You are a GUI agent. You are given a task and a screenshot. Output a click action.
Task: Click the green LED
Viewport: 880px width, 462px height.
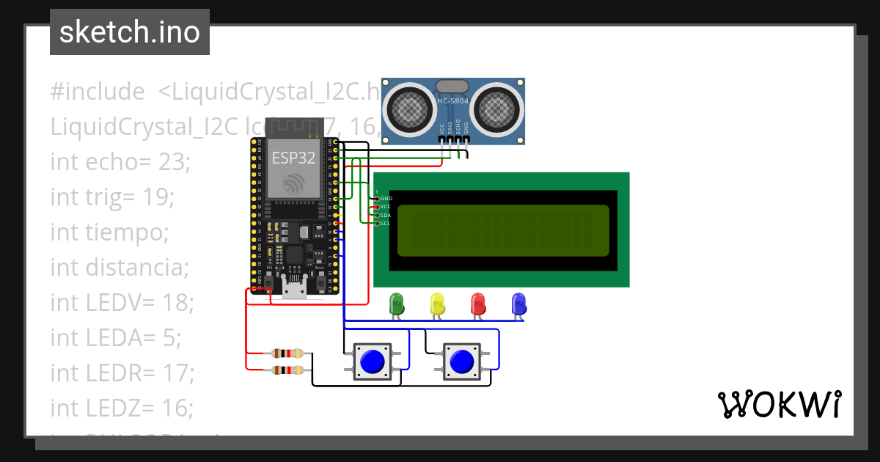(397, 303)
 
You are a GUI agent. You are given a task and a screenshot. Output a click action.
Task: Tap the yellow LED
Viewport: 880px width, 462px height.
(438, 303)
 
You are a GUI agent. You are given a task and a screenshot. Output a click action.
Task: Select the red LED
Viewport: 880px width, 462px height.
(478, 303)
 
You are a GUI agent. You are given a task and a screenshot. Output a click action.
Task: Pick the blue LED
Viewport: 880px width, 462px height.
(519, 303)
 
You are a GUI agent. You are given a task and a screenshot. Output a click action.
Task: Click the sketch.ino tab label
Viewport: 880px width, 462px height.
(130, 32)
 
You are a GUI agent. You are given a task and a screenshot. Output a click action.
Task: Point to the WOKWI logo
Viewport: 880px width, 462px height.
(779, 404)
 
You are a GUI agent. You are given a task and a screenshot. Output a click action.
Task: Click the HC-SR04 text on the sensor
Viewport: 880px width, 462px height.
(453, 101)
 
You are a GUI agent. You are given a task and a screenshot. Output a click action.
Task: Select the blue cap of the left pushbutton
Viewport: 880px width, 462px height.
(373, 361)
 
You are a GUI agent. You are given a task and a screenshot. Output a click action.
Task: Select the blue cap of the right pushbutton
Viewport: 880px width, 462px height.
(462, 361)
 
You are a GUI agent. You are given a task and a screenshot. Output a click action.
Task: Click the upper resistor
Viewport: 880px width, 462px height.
(286, 353)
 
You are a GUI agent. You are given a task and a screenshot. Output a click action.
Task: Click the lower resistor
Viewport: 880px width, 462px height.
(286, 370)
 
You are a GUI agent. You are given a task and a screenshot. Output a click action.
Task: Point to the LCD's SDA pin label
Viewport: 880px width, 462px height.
(386, 216)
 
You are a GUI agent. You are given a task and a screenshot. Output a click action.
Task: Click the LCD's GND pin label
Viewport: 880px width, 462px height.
(386, 199)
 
